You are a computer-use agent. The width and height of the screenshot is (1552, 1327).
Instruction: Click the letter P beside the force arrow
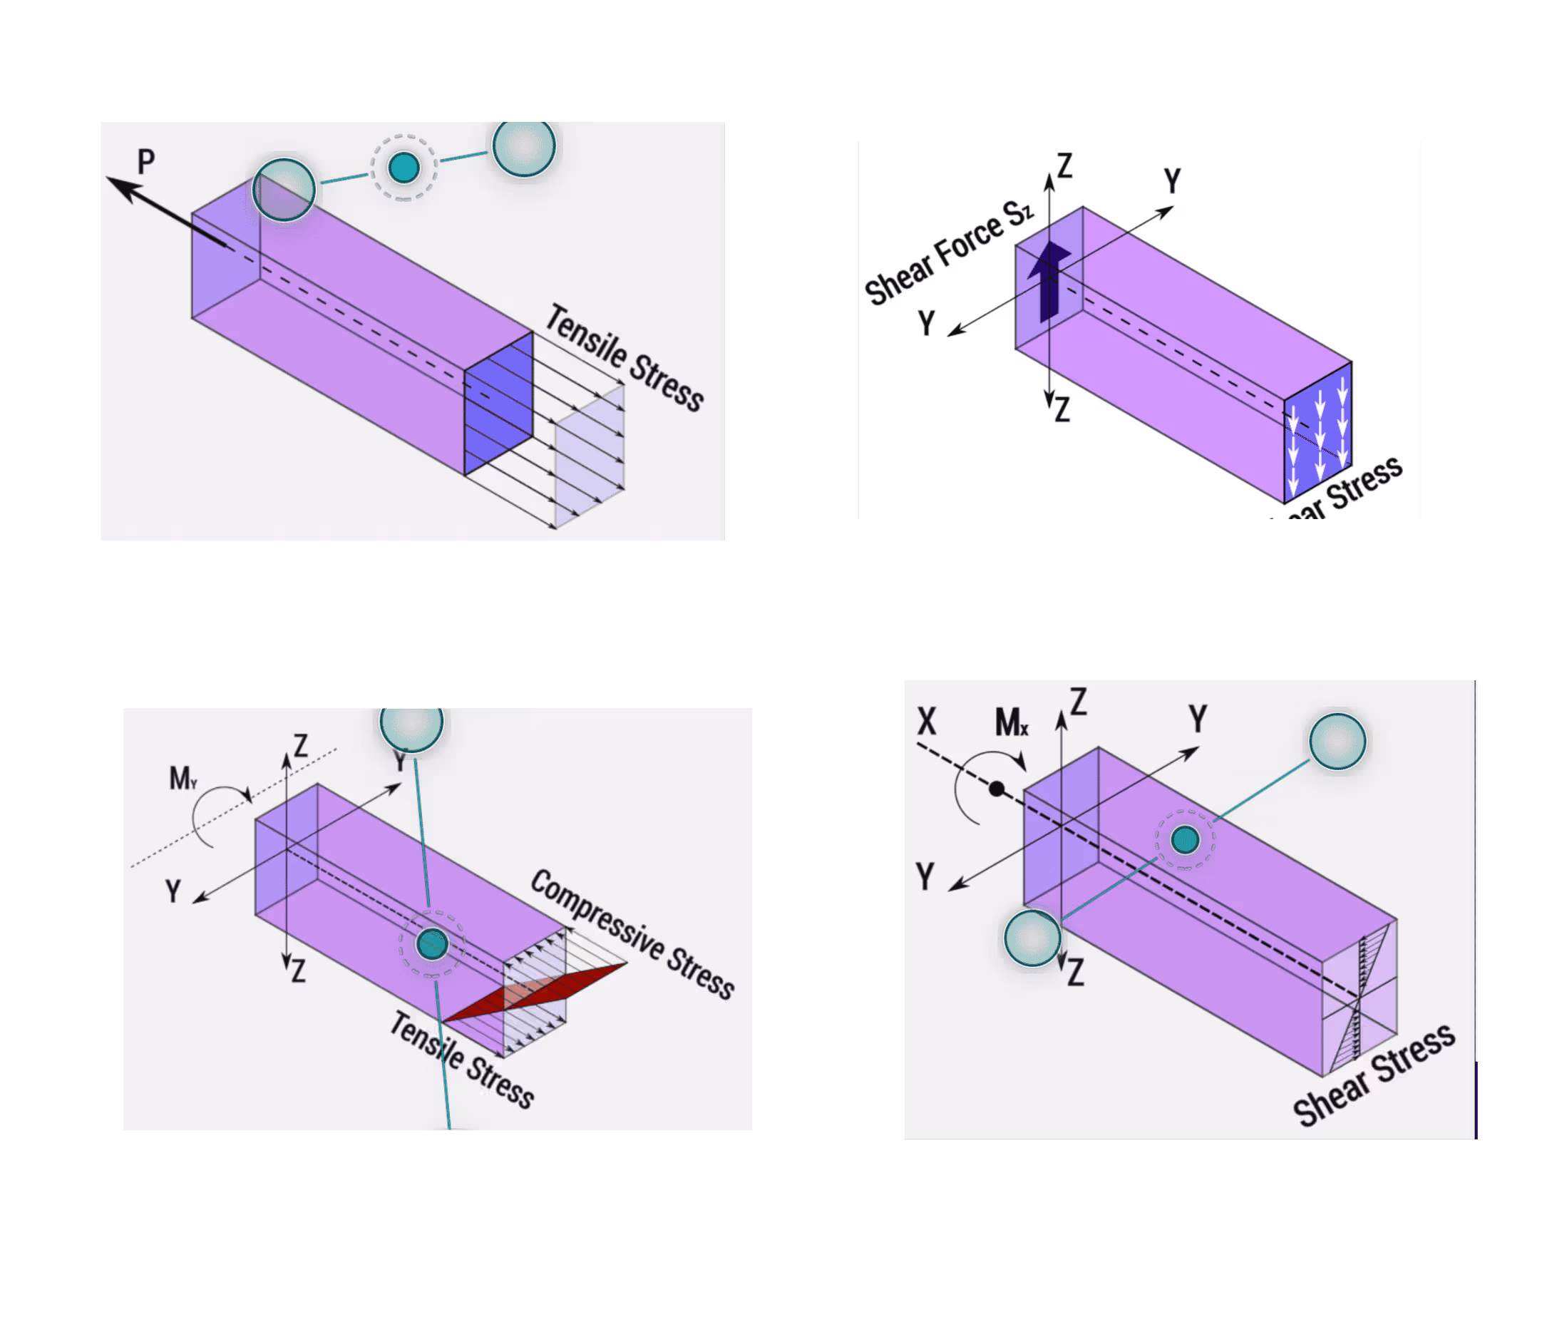(x=146, y=162)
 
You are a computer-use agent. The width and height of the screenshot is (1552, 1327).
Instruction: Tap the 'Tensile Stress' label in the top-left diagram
(x=624, y=358)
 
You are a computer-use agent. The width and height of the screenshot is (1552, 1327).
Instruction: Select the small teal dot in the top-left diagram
(x=404, y=168)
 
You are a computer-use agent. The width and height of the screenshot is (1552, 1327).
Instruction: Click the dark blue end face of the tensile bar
(x=499, y=403)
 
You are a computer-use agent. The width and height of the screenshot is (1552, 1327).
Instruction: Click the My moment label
(x=183, y=779)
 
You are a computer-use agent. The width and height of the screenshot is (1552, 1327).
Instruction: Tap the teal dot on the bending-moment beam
(x=431, y=944)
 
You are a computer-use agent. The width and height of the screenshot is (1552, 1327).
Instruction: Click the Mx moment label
(x=1011, y=723)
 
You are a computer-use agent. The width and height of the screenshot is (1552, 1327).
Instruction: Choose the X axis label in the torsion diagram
(x=927, y=722)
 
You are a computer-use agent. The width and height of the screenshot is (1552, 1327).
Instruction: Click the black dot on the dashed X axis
(x=996, y=788)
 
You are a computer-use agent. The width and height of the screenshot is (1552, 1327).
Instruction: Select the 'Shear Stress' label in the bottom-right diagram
(x=1374, y=1075)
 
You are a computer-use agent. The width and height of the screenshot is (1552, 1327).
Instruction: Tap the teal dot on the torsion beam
(x=1184, y=840)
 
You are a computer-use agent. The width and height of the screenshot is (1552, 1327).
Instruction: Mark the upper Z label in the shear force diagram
(x=1064, y=165)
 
